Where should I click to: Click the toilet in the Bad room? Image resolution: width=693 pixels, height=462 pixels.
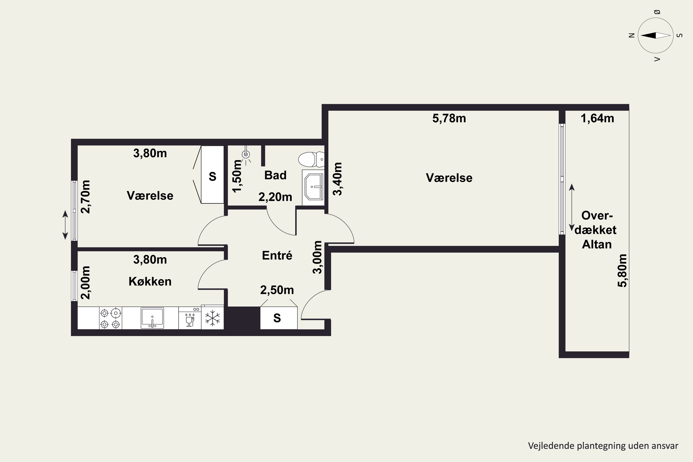[x=311, y=159]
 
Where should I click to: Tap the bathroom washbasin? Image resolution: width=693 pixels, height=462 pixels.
[x=313, y=187]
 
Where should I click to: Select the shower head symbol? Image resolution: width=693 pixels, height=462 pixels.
[x=246, y=155]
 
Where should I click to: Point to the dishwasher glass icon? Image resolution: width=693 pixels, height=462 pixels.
[x=190, y=320]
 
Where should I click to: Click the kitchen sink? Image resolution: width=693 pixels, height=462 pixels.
[x=152, y=318]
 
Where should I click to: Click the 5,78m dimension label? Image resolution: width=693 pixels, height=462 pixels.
[x=449, y=119]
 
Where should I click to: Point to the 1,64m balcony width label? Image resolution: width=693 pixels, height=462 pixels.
[x=597, y=119]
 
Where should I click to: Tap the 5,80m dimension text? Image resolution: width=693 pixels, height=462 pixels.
[x=622, y=271]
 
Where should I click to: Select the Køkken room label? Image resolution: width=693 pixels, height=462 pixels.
[x=150, y=282]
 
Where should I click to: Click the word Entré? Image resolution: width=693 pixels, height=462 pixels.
[x=277, y=255]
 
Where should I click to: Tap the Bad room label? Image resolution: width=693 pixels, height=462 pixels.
[x=275, y=175]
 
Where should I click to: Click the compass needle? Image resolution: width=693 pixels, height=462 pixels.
[x=656, y=35]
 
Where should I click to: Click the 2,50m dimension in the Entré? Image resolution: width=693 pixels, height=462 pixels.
[x=277, y=290]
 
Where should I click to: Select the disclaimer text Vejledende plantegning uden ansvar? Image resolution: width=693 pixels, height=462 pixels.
[x=603, y=446]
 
